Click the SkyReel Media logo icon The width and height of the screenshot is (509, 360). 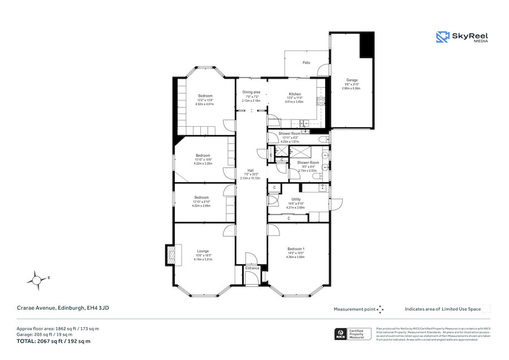click(442, 37)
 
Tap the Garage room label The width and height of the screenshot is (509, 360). click(352, 80)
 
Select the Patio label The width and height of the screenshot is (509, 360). click(306, 63)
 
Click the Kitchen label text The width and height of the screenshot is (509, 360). click(295, 94)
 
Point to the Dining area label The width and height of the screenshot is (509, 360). click(251, 92)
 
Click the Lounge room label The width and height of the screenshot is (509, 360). click(203, 251)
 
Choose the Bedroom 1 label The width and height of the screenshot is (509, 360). click(296, 250)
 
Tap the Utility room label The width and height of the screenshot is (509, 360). click(296, 199)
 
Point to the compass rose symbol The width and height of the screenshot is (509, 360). click(37, 279)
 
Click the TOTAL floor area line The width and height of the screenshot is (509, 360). click(53, 341)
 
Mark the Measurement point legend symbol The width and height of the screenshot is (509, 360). click(380, 309)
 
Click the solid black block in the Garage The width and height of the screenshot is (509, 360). click(367, 45)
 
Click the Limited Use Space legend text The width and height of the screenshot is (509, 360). click(443, 309)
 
